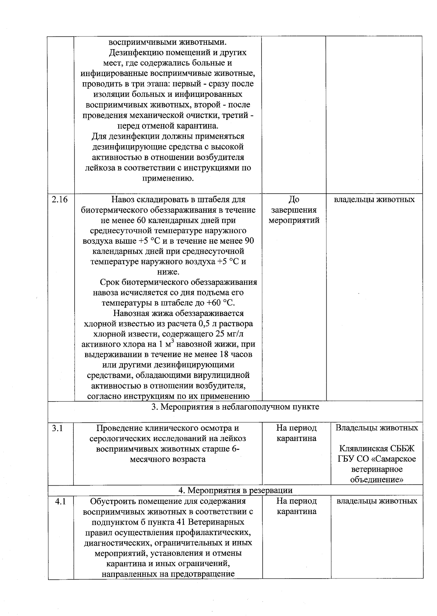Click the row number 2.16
(60, 200)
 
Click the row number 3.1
(58, 428)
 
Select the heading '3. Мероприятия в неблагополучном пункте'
(235, 407)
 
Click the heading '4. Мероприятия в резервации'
(235, 490)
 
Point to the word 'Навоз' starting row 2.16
(123, 200)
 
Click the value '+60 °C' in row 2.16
(220, 303)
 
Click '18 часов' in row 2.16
(236, 354)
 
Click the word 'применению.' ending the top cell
(168, 178)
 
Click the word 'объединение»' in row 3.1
(377, 480)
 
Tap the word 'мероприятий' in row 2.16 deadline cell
(294, 220)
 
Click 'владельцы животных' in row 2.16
(374, 200)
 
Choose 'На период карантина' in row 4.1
(296, 506)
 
